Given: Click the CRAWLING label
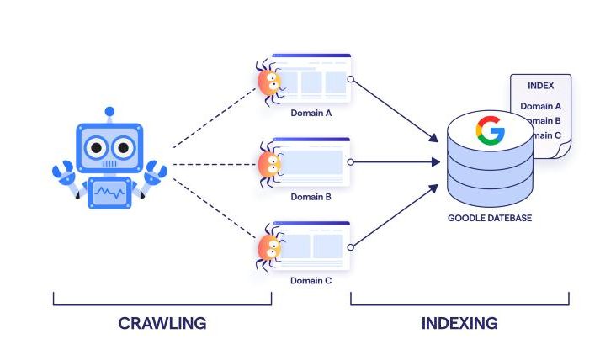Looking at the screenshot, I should click(162, 323).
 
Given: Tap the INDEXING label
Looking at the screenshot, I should click(459, 323).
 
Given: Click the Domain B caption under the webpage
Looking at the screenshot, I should click(311, 196).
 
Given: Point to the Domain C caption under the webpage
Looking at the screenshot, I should click(311, 280).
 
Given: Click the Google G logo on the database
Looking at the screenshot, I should click(490, 130).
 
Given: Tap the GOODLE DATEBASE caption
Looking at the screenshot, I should click(490, 218).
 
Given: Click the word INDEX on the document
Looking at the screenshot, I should click(540, 86).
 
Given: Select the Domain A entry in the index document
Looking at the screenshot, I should click(540, 106).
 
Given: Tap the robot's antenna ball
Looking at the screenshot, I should click(109, 110).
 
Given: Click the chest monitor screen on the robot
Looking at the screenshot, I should click(109, 193).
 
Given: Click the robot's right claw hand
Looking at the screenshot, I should click(155, 174).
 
